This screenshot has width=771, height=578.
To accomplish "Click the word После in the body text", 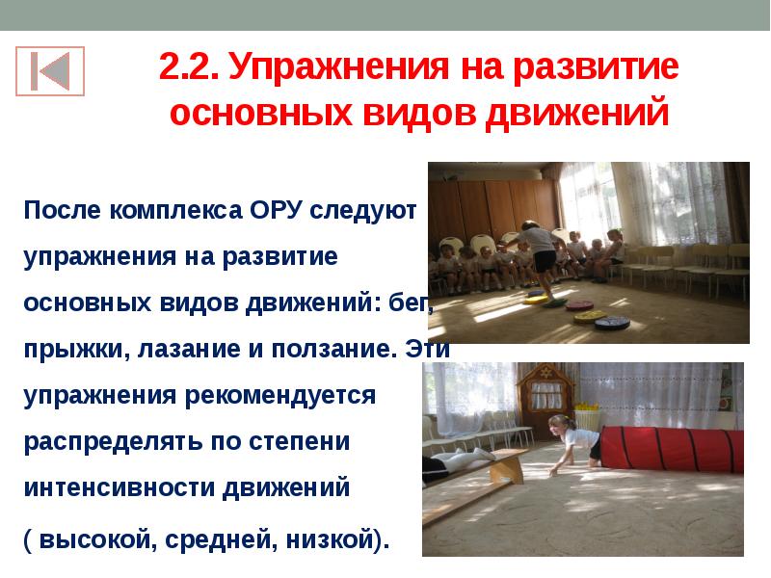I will pyautogui.click(x=65, y=211).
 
